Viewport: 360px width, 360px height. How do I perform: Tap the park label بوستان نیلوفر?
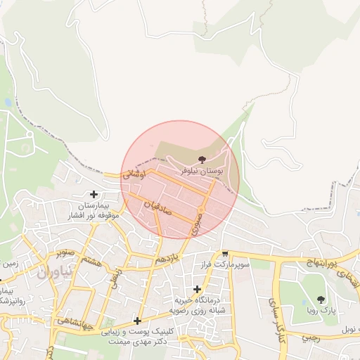[x=203, y=171]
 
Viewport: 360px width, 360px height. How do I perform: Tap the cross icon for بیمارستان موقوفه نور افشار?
[x=94, y=194]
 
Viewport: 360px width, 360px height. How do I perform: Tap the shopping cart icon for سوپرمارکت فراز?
[x=225, y=254]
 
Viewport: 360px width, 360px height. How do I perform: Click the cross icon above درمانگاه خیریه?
[x=197, y=289]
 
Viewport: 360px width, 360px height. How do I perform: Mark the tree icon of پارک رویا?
[x=321, y=300]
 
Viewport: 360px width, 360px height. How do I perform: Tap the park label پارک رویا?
[x=321, y=310]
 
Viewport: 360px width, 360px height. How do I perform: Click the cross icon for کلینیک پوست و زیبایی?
[x=136, y=321]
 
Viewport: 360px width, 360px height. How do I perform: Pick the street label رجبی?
[x=311, y=337]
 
